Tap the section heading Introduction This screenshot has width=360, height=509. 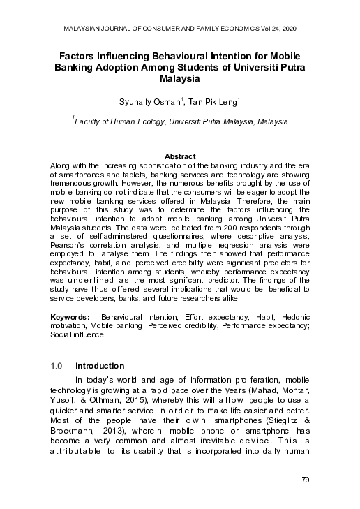[x=99, y=365]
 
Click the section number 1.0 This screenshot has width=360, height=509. [x=57, y=365]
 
